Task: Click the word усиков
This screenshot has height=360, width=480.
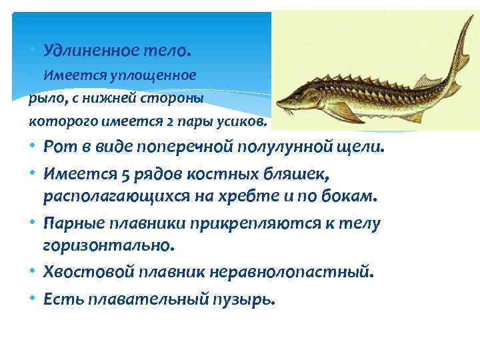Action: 245,123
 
